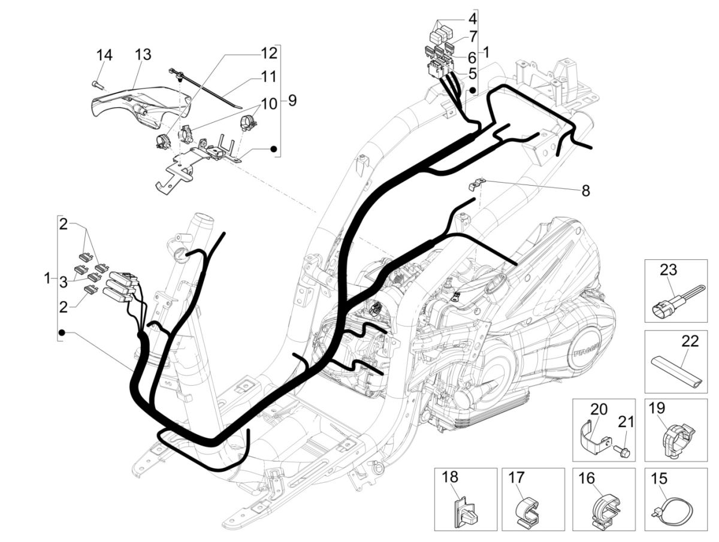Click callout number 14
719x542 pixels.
[x=104, y=56]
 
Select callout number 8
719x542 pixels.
[x=585, y=191]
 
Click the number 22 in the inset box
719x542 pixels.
[x=690, y=341]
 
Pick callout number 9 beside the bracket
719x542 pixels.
[x=292, y=100]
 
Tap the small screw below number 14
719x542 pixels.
[x=96, y=84]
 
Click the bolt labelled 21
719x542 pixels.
[x=623, y=451]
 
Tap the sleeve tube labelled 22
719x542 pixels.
[x=675, y=371]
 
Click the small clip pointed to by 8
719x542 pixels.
[x=475, y=184]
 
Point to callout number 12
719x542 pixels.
[x=269, y=53]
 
